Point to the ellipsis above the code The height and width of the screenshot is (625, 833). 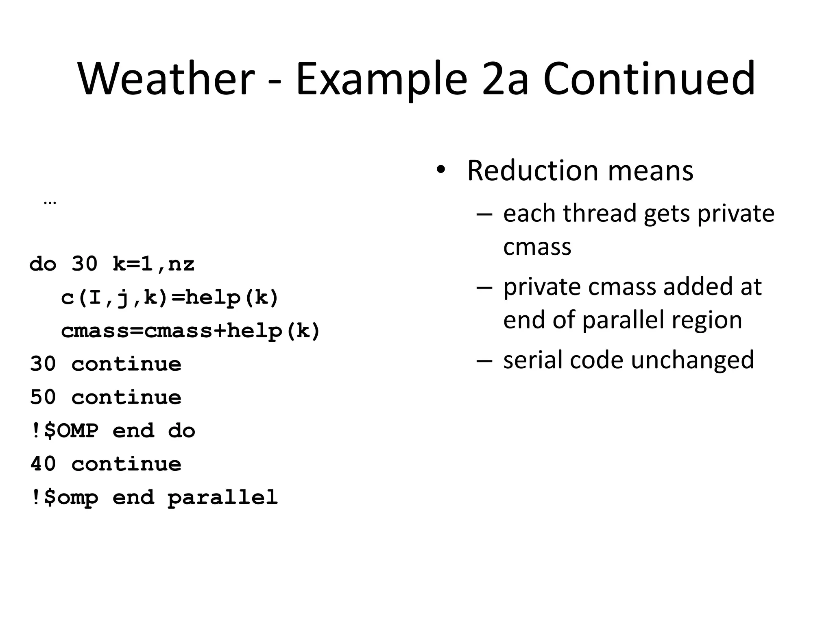(x=50, y=202)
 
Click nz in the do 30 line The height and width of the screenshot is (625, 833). (x=181, y=264)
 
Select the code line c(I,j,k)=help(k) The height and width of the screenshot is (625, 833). (x=170, y=298)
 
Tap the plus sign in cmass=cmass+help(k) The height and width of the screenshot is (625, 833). (x=220, y=331)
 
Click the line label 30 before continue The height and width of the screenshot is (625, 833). (x=43, y=364)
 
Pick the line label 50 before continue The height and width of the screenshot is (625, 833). (x=43, y=397)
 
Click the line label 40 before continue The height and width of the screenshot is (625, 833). (x=43, y=464)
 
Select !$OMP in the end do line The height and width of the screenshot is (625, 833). (x=64, y=431)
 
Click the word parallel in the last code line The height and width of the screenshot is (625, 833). (x=222, y=497)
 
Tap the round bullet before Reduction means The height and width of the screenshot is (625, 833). (x=440, y=170)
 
